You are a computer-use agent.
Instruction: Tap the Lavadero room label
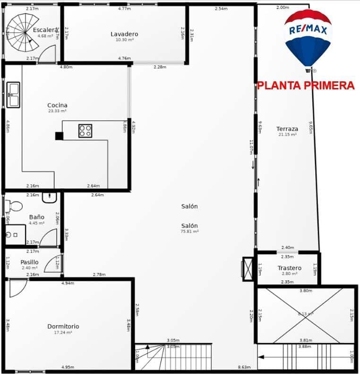[124, 34]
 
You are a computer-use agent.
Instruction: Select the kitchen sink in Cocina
[13, 95]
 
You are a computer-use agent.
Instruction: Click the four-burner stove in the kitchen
[85, 130]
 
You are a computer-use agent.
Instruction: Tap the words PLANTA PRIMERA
[306, 86]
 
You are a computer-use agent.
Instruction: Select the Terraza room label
[287, 129]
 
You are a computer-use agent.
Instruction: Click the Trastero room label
[289, 268]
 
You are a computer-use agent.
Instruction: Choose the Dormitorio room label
[63, 326]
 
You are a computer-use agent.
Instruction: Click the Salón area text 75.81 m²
[189, 232]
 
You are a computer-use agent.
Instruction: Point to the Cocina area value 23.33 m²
[57, 111]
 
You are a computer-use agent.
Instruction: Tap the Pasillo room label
[29, 262]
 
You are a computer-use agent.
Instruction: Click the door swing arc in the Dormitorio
[18, 288]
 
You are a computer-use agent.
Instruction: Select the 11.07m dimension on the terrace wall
[252, 148]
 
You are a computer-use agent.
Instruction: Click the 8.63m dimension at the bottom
[244, 367]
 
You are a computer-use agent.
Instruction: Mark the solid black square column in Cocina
[59, 136]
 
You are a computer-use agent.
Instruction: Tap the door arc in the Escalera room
[48, 55]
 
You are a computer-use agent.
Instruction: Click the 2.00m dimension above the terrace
[283, 8]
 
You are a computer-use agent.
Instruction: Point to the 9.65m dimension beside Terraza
[310, 128]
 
